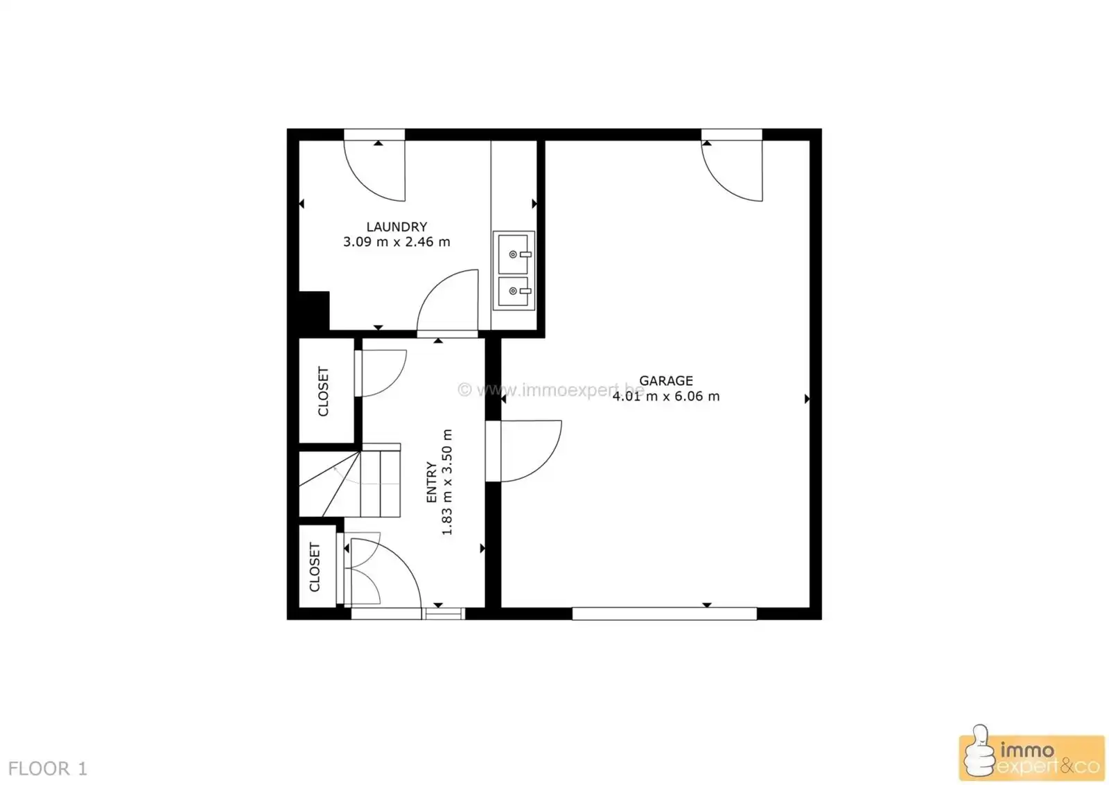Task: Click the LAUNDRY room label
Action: click(396, 227)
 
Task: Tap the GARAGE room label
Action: click(666, 380)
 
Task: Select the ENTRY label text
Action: click(432, 482)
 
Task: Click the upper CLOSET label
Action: click(323, 391)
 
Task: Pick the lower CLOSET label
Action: click(315, 567)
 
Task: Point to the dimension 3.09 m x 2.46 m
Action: click(396, 242)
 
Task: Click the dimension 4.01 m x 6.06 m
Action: click(666, 396)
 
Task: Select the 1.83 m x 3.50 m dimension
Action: click(447, 482)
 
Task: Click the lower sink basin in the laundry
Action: click(514, 292)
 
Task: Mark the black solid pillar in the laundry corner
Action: click(313, 310)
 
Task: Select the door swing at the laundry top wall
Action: click(378, 170)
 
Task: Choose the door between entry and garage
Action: click(527, 450)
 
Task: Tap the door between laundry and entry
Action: click(450, 302)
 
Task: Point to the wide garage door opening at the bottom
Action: click(664, 613)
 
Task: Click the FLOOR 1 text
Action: click(48, 768)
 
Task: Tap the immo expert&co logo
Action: click(1031, 758)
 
